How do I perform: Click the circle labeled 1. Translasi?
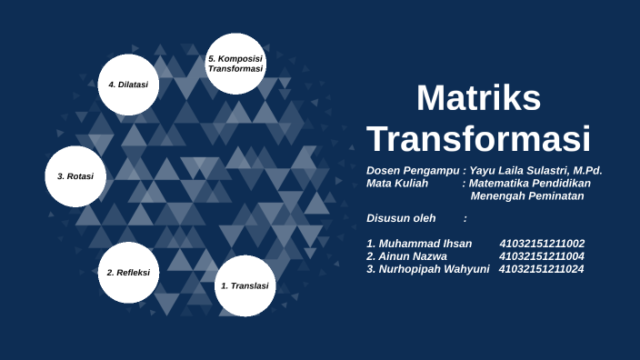[x=245, y=285]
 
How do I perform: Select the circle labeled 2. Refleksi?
[x=129, y=273]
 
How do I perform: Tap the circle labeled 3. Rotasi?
[x=75, y=176]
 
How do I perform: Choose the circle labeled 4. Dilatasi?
[x=129, y=85]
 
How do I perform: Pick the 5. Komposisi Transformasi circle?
[x=235, y=64]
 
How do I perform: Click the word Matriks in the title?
[x=478, y=98]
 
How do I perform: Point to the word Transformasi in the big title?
[x=478, y=139]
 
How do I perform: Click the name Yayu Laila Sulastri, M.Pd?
[x=535, y=170]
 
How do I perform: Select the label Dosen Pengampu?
[x=413, y=170]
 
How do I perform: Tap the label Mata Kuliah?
[x=397, y=183]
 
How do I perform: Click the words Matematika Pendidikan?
[x=530, y=183]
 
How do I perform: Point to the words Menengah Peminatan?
[x=527, y=195]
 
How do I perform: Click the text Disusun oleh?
[x=401, y=218]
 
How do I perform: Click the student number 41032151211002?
[x=542, y=244]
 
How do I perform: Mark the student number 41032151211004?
[x=542, y=256]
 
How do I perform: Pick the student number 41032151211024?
[x=542, y=269]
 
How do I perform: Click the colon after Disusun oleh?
[x=465, y=218]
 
